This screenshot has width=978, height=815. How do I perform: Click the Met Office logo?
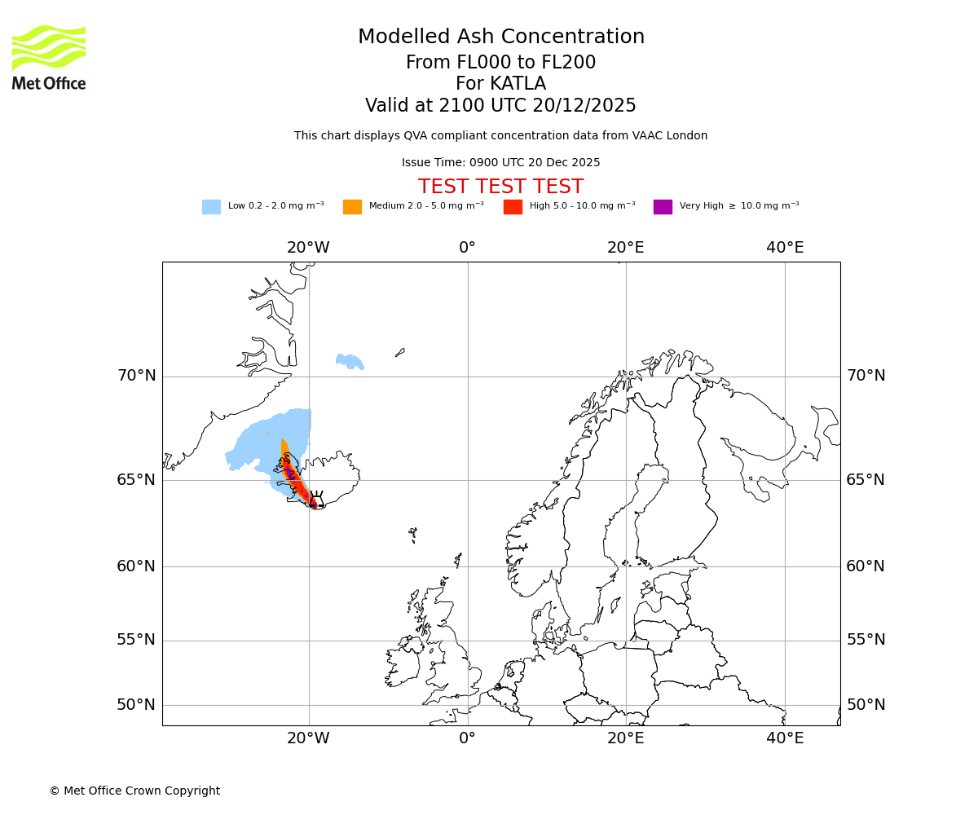pyautogui.click(x=49, y=57)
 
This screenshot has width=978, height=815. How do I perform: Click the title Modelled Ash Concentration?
pyautogui.click(x=501, y=37)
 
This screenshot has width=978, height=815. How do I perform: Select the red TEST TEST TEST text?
pyautogui.click(x=500, y=187)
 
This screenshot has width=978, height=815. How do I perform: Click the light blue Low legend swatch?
pyautogui.click(x=211, y=207)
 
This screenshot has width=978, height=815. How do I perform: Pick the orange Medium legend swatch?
pyautogui.click(x=352, y=207)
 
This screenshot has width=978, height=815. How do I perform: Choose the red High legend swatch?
pyautogui.click(x=513, y=207)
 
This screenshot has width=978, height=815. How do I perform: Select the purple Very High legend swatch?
pyautogui.click(x=663, y=207)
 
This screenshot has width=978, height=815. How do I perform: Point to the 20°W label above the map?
pyautogui.click(x=308, y=248)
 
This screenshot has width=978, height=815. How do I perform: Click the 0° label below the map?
pyautogui.click(x=467, y=738)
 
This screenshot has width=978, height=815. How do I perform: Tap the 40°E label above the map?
pyautogui.click(x=785, y=248)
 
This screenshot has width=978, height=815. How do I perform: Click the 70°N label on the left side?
pyautogui.click(x=136, y=376)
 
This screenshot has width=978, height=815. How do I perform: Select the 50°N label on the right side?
pyautogui.click(x=866, y=705)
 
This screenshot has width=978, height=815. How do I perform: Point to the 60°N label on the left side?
pyautogui.click(x=136, y=566)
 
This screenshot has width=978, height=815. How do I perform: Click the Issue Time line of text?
pyautogui.click(x=500, y=163)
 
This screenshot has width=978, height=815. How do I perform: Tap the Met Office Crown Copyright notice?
pyautogui.click(x=134, y=791)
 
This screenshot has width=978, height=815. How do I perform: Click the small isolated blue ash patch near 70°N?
pyautogui.click(x=350, y=361)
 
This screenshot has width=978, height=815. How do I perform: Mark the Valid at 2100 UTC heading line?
pyautogui.click(x=500, y=106)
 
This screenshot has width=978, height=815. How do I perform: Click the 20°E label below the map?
pyautogui.click(x=626, y=738)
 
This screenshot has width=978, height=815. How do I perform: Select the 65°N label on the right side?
pyautogui.click(x=866, y=479)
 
